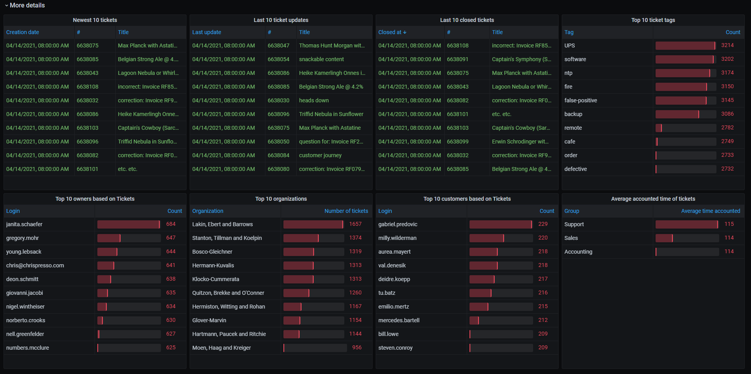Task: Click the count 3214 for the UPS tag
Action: pyautogui.click(x=727, y=45)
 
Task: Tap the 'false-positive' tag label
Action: pyautogui.click(x=580, y=100)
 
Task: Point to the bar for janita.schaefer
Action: pyautogui.click(x=128, y=224)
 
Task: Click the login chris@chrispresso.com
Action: pyautogui.click(x=35, y=265)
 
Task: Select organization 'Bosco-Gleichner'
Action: pyautogui.click(x=212, y=252)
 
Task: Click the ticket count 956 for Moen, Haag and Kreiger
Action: pyautogui.click(x=356, y=348)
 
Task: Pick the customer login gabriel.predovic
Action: pyautogui.click(x=398, y=224)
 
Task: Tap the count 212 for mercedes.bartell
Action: pyautogui.click(x=543, y=320)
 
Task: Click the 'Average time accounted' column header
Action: pyautogui.click(x=710, y=211)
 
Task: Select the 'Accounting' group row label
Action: pyautogui.click(x=578, y=252)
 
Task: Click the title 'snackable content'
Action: pyautogui.click(x=321, y=59)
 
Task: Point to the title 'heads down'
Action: pyautogui.click(x=314, y=100)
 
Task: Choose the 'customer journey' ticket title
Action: pyautogui.click(x=320, y=155)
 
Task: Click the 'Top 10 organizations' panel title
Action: pyautogui.click(x=281, y=199)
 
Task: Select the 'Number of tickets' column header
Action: pyautogui.click(x=346, y=211)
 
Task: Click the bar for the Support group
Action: pyautogui.click(x=686, y=224)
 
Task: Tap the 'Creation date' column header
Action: pyautogui.click(x=22, y=32)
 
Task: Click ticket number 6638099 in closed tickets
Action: pyautogui.click(x=457, y=142)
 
